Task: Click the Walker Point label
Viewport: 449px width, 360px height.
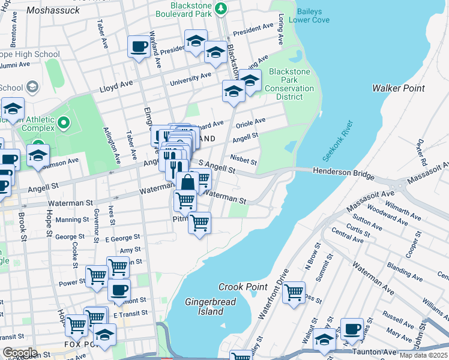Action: click(398, 88)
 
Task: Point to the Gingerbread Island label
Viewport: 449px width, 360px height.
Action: click(204, 307)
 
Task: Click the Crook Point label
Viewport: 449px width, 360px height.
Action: click(243, 287)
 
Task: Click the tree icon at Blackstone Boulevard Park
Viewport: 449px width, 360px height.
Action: click(221, 8)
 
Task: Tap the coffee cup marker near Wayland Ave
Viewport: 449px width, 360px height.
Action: click(139, 46)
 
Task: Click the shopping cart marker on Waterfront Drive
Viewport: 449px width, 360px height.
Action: click(294, 293)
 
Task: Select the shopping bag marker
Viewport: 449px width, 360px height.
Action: click(187, 182)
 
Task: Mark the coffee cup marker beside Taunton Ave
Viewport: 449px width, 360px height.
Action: click(352, 329)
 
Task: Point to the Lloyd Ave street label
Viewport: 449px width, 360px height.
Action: click(116, 88)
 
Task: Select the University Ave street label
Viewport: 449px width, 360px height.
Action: click(190, 79)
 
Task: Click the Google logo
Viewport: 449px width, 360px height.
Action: click(20, 353)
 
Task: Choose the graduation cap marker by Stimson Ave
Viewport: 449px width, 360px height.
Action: click(38, 155)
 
